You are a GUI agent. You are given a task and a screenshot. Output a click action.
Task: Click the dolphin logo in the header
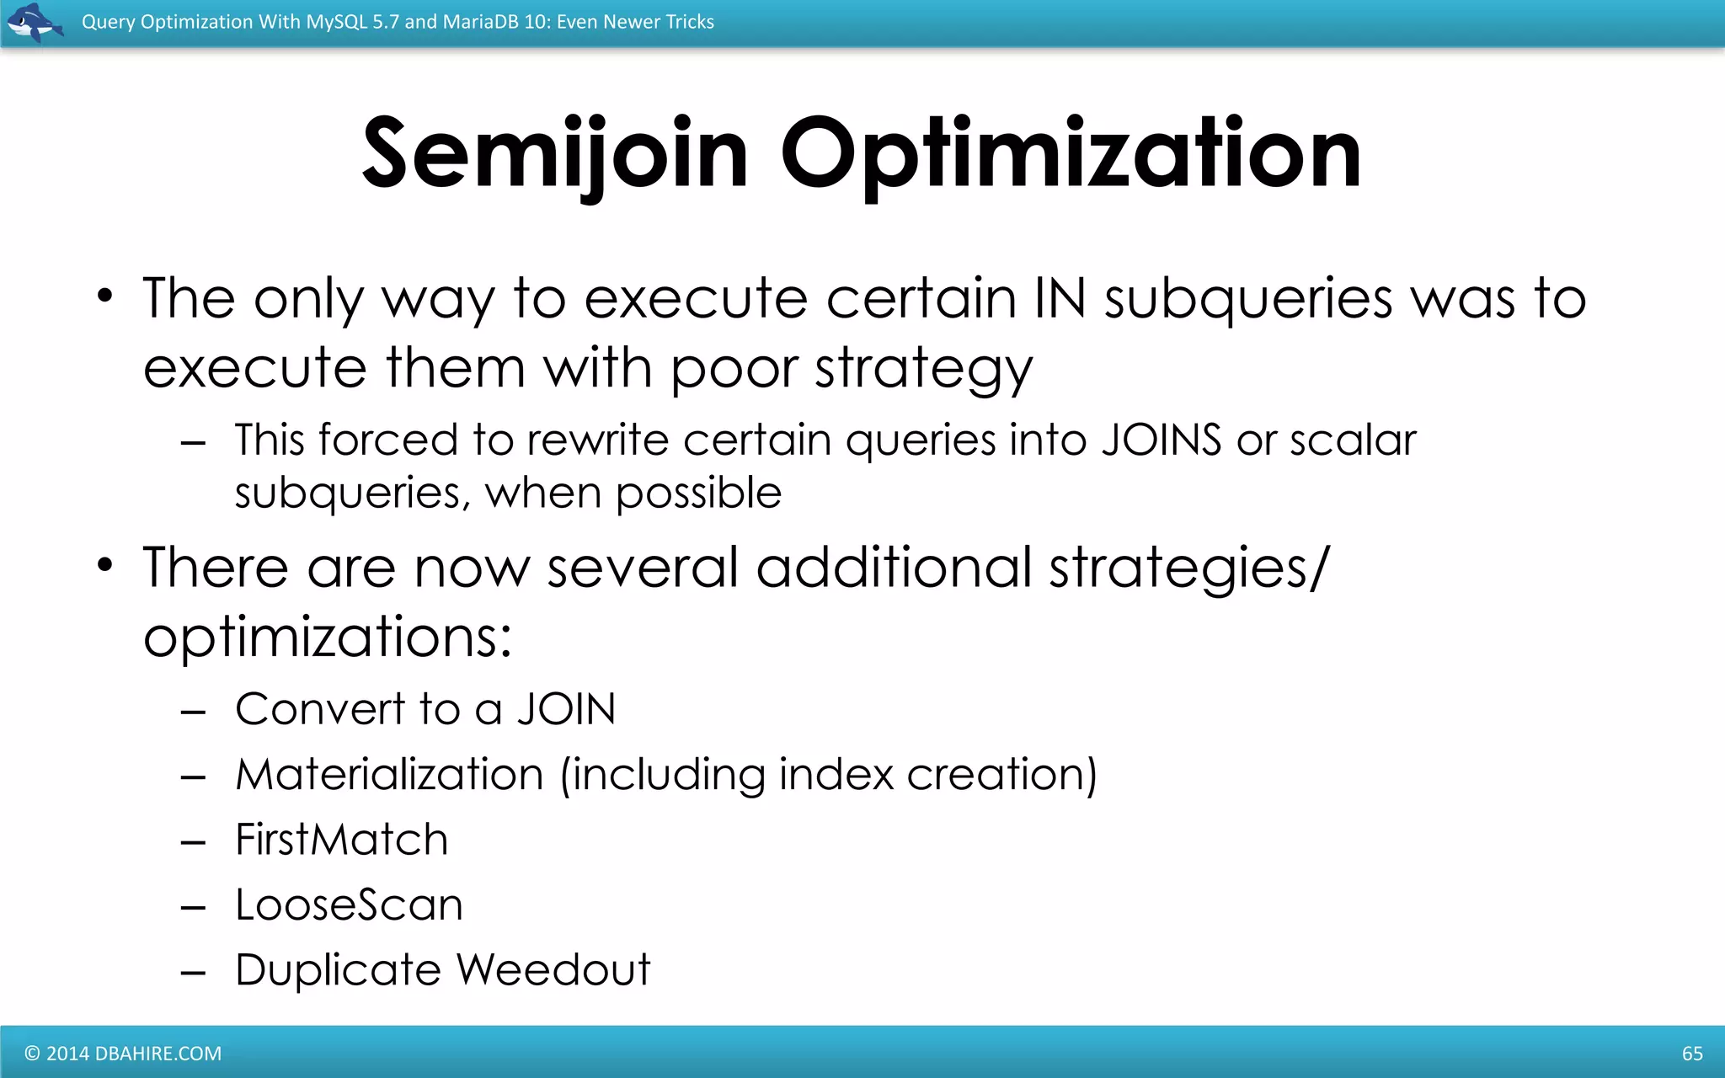(x=34, y=22)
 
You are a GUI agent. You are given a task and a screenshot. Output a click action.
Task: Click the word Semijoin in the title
(x=555, y=154)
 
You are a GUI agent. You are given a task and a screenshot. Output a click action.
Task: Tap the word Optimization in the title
(x=1071, y=154)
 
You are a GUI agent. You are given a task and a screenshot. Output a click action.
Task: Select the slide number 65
(x=1692, y=1053)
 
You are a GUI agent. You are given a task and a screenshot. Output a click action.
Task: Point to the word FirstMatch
(x=341, y=840)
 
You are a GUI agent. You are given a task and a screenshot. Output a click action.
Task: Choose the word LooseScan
(x=349, y=905)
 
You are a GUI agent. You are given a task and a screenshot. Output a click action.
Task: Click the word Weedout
(x=553, y=969)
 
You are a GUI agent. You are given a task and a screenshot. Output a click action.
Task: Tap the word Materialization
(x=389, y=775)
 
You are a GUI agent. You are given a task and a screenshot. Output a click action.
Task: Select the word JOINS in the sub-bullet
(x=1161, y=440)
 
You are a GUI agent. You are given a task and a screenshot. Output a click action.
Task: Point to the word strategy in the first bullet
(x=923, y=370)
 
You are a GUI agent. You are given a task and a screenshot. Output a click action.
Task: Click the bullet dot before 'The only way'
(x=104, y=296)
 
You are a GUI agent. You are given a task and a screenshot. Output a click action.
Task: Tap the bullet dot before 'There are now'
(x=104, y=565)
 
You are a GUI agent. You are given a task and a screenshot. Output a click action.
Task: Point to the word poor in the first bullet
(x=733, y=370)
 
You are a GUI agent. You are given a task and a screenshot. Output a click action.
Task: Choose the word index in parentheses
(x=835, y=775)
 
